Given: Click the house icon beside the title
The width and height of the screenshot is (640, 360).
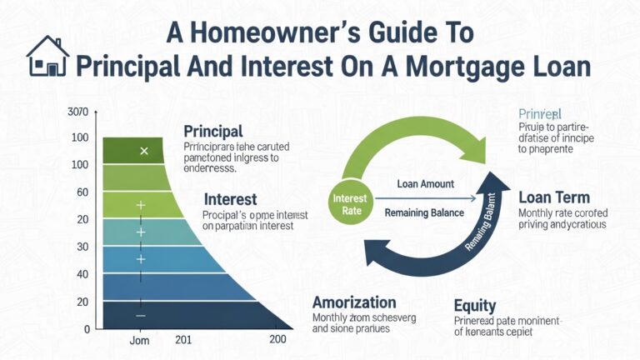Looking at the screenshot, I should pos(47,56).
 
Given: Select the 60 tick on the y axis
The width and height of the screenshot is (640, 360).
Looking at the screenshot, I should pos(82,192).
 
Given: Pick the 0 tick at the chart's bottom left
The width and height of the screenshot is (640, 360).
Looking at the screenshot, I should pos(87,329).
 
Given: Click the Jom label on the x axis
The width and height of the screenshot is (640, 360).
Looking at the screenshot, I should pos(141,341).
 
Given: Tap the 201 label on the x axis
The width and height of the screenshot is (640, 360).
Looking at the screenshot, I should pos(183,341).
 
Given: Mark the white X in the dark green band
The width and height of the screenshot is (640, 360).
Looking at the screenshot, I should pos(143,151).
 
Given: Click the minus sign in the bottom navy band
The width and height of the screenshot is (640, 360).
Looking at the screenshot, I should pos(140,316).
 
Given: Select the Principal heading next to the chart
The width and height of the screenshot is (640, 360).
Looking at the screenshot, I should pos(212,132).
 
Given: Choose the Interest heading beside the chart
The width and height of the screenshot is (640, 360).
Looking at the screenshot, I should pos(230,200).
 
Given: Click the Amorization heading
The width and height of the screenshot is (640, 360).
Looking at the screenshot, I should pos(354,302).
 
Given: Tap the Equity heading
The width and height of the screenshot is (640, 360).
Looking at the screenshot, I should pos(475,305).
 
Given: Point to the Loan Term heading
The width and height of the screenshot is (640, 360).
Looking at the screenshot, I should pos(553,198).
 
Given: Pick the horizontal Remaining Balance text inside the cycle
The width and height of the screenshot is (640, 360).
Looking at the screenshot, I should pos(424,212).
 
